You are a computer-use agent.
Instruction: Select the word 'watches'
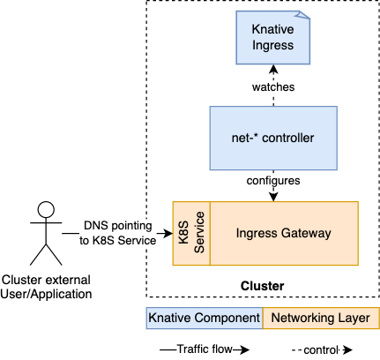click(x=272, y=88)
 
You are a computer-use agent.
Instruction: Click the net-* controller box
click(x=272, y=138)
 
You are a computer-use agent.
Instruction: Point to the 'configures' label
click(x=272, y=180)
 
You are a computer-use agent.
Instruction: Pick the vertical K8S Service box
click(x=190, y=233)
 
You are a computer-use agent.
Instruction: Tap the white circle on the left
click(x=46, y=209)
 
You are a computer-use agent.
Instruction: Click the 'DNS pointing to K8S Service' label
click(x=119, y=233)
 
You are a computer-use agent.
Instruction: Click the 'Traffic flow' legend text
click(x=204, y=349)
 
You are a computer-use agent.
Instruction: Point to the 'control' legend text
click(x=320, y=349)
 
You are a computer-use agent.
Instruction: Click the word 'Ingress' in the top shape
click(x=272, y=47)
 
